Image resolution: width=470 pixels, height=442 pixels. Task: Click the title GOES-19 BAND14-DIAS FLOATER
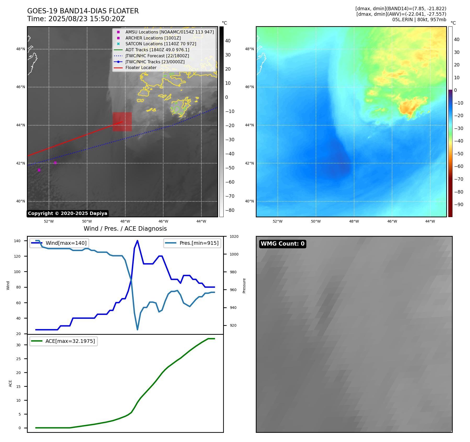pos(83,11)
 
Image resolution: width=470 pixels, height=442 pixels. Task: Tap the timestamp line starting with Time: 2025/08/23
pos(76,19)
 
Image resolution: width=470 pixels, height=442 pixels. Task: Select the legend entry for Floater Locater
pos(141,67)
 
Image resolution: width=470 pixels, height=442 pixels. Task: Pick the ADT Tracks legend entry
pos(157,50)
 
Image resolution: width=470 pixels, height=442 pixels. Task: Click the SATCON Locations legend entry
pos(161,44)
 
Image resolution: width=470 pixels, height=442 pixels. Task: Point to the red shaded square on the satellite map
pos(122,122)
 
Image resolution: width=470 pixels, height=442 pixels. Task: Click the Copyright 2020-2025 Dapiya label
pos(67,213)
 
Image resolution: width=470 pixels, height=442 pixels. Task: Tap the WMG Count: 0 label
pos(282,244)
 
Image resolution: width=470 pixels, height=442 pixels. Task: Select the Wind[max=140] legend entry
pos(66,243)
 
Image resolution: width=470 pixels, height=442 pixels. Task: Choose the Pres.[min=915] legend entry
pos(199,243)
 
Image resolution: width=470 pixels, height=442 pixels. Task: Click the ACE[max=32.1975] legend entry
pos(70,341)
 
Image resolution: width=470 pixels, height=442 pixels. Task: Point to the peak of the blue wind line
pos(137,241)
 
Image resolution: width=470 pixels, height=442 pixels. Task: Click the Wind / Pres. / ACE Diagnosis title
pos(125,229)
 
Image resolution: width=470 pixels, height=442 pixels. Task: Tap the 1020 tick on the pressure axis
pos(234,236)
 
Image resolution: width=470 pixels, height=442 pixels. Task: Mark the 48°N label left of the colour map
pos(249,49)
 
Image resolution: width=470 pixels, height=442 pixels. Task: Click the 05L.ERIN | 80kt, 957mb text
pos(419,20)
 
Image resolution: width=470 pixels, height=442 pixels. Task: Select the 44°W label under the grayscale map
pos(201,221)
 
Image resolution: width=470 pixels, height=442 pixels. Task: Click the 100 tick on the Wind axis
pos(17,272)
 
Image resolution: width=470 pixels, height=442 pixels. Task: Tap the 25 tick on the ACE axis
pos(18,359)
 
